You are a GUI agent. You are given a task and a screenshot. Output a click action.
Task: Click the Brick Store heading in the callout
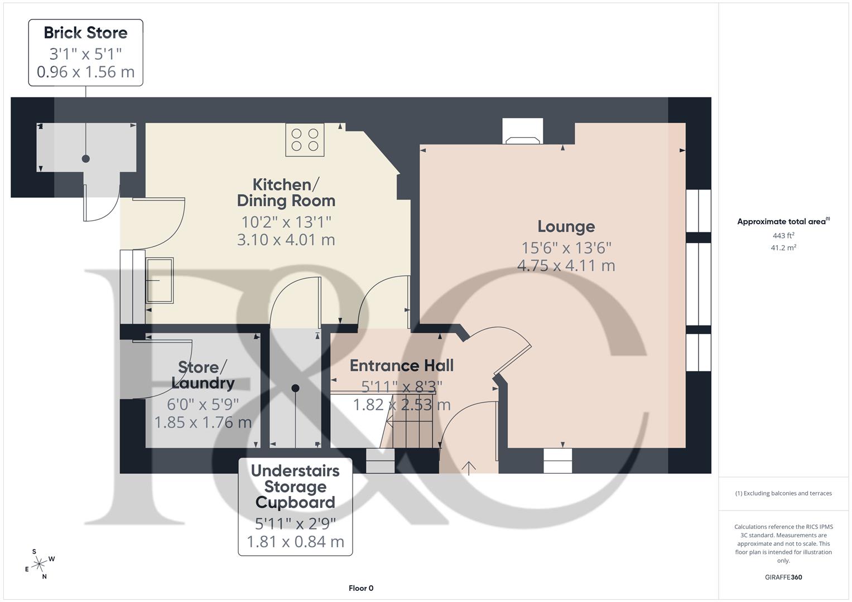pos(85,33)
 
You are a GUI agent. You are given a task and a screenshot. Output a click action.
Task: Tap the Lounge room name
pos(566,226)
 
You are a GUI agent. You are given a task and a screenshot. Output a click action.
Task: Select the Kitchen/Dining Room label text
pos(286,192)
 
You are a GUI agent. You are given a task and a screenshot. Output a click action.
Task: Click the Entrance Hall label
pos(401,366)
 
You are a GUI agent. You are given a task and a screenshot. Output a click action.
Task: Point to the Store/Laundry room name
pos(203,375)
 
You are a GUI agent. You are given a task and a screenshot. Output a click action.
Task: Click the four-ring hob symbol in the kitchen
pos(305,140)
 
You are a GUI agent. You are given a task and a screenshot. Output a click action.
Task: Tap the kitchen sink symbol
pos(160,280)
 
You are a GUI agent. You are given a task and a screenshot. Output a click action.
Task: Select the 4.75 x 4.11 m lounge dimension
pos(566,265)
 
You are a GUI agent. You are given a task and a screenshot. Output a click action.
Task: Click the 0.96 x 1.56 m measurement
pos(85,72)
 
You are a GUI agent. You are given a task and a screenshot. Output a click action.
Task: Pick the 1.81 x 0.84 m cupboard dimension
pos(295,541)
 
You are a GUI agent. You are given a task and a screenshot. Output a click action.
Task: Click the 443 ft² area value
pos(783,236)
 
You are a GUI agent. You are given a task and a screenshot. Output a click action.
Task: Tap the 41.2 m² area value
pos(783,248)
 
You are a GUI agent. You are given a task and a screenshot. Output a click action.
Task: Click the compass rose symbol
pos(39,564)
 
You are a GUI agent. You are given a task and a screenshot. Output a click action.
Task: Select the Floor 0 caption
pos(360,588)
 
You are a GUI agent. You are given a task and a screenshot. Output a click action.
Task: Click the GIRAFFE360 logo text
pos(783,577)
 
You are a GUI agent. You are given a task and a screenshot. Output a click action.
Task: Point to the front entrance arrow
pos(469,468)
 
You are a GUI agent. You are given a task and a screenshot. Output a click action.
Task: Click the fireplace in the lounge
pos(522,132)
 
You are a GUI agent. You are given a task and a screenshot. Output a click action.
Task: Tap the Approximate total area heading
pos(783,222)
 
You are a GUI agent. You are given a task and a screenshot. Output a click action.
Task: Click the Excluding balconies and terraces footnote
pos(783,493)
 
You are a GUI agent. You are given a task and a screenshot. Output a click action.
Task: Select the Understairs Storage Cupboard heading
pos(295,486)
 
